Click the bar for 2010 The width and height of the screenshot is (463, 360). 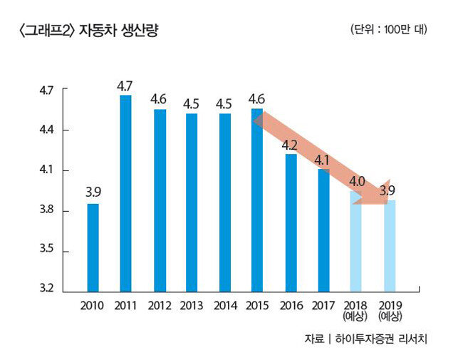click(93, 248)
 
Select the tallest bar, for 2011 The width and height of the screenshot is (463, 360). click(125, 194)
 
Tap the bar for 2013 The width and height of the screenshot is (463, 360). click(192, 202)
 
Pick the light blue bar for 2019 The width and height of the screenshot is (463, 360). click(390, 246)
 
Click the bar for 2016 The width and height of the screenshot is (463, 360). click(291, 223)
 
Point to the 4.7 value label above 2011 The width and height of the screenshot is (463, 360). click(125, 86)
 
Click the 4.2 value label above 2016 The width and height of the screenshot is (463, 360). click(289, 145)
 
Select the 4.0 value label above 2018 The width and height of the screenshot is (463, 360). click(357, 181)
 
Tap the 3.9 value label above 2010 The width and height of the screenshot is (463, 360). click(93, 192)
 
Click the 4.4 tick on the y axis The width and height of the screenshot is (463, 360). click(46, 130)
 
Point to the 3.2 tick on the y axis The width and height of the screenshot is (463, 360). click(46, 288)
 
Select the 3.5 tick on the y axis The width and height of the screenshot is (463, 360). click(46, 248)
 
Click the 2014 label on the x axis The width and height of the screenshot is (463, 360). click(225, 306)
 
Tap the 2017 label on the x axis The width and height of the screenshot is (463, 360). click(323, 306)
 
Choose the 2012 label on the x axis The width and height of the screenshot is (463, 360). click(160, 306)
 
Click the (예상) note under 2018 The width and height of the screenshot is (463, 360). click(355, 317)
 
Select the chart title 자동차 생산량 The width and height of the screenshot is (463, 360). click(119, 31)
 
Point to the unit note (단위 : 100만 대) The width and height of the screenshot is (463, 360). click(389, 29)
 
